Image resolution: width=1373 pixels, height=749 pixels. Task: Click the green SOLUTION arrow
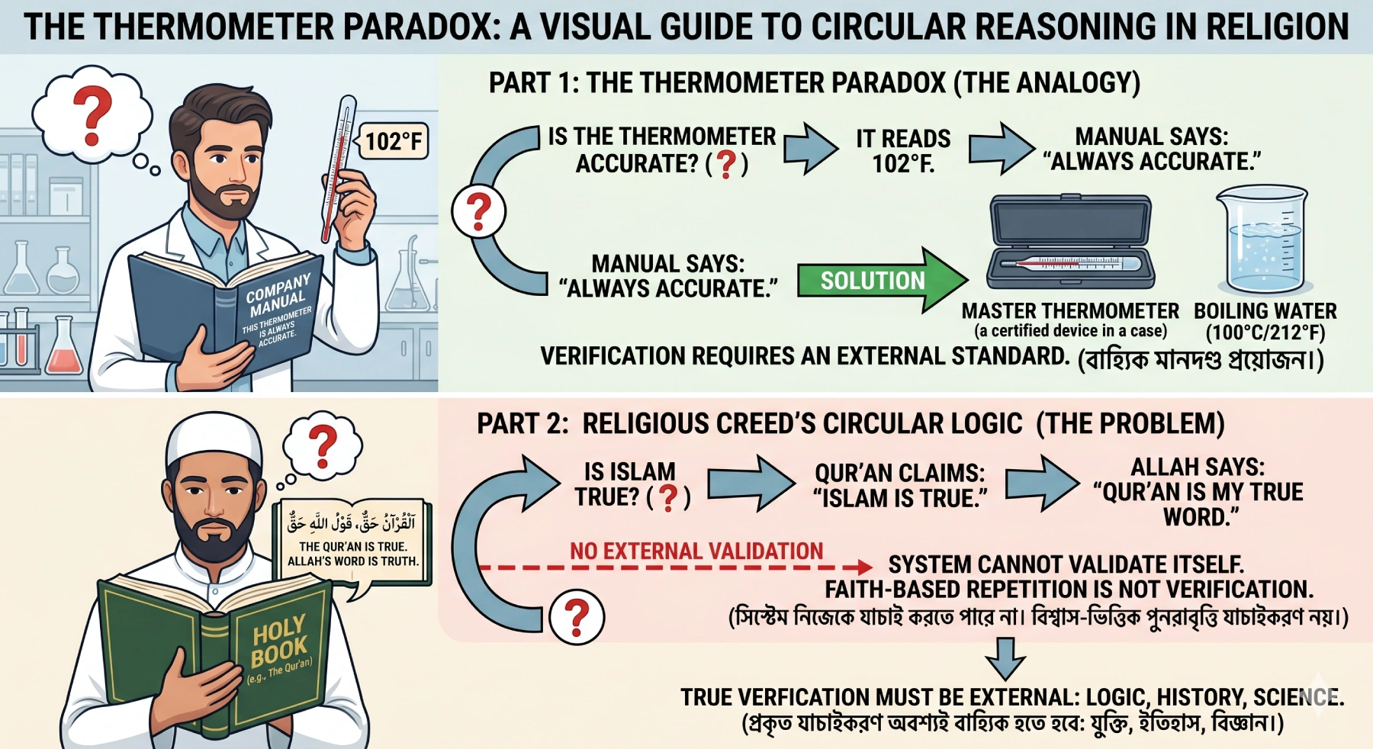pyautogui.click(x=881, y=280)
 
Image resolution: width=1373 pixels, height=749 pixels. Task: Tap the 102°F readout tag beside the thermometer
pyautogui.click(x=394, y=141)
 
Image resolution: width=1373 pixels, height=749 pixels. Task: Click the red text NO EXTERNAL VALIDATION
pyautogui.click(x=696, y=551)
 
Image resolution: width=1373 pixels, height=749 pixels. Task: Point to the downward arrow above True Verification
pyautogui.click(x=1005, y=658)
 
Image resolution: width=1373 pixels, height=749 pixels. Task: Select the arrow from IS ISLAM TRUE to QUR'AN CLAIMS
pyautogui.click(x=751, y=484)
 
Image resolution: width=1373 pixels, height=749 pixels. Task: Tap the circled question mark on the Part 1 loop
pyautogui.click(x=478, y=211)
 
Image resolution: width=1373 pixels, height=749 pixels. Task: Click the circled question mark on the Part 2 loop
pyautogui.click(x=577, y=617)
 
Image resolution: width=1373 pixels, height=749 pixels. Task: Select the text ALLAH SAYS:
pyautogui.click(x=1198, y=467)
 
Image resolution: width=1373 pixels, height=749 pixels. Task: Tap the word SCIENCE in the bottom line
pyautogui.click(x=1297, y=697)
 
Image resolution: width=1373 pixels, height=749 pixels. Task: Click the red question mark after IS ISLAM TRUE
pyautogui.click(x=668, y=497)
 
